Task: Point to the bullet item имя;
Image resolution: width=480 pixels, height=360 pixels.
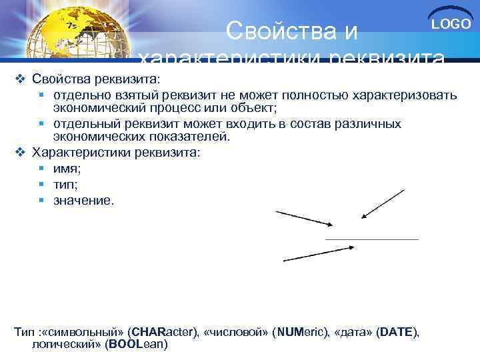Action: [x=67, y=169]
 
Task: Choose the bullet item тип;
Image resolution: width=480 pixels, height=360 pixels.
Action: [x=66, y=184]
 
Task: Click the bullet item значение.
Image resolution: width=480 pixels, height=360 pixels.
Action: [x=84, y=199]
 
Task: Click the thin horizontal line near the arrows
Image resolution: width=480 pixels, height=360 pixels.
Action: [x=371, y=239]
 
